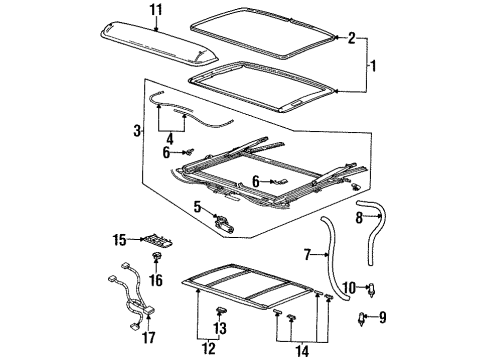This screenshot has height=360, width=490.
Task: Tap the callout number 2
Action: point(351,39)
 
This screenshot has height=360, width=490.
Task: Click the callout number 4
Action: point(198,208)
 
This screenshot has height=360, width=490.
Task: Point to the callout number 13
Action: point(221,327)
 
